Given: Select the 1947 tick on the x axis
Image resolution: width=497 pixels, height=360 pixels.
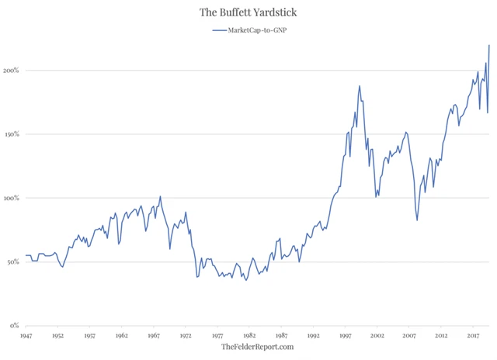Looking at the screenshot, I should click(x=26, y=336).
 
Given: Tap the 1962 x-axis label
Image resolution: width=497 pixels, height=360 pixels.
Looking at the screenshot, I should click(x=121, y=336).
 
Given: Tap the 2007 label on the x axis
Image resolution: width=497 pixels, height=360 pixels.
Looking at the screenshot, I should click(x=408, y=336).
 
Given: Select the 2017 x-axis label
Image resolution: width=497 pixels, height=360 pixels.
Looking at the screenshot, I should click(x=472, y=336).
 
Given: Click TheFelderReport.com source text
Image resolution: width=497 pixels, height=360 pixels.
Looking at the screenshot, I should click(x=258, y=348).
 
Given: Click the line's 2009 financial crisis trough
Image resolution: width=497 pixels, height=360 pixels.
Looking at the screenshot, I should click(x=417, y=220).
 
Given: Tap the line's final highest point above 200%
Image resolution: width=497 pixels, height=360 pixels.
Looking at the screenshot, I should click(x=489, y=45).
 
